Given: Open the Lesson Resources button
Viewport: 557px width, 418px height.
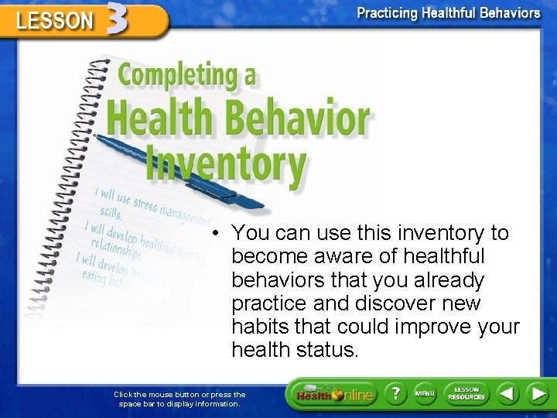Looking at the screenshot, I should pyautogui.click(x=466, y=394).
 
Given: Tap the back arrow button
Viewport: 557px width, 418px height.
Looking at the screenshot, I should pyautogui.click(x=507, y=394).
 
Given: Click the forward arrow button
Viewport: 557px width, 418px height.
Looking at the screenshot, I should pyautogui.click(x=538, y=394).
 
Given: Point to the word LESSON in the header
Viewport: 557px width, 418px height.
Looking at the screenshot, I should pyautogui.click(x=55, y=20).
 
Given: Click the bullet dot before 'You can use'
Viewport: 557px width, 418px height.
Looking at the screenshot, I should pyautogui.click(x=220, y=233).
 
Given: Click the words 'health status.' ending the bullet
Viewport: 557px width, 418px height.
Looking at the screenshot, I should pyautogui.click(x=295, y=350).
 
